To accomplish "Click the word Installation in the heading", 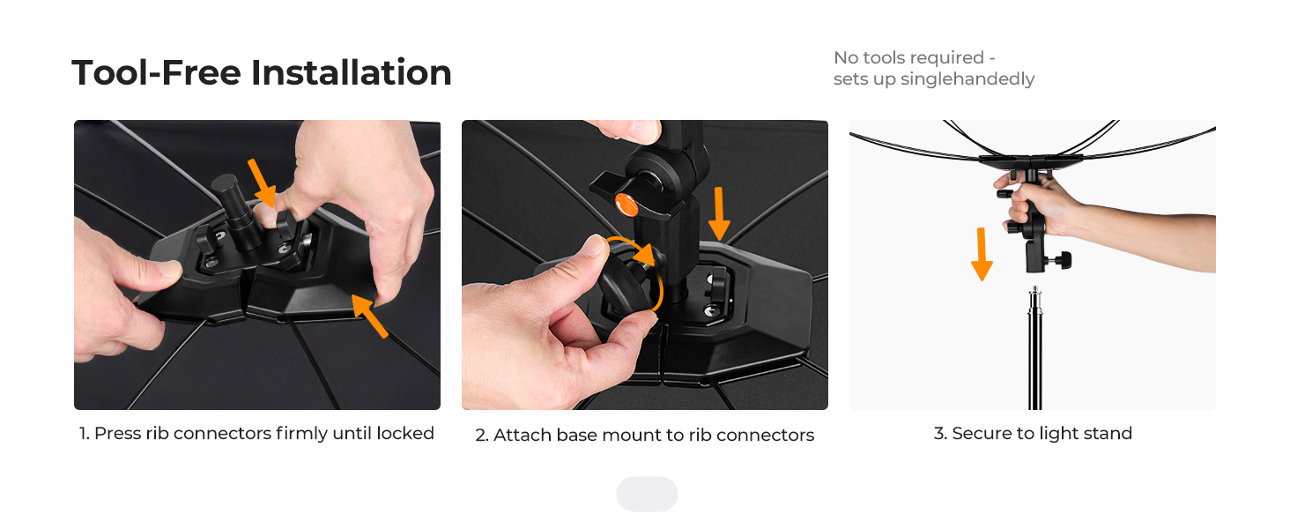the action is pyautogui.click(x=352, y=72).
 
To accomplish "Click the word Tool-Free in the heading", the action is pyautogui.click(x=156, y=72).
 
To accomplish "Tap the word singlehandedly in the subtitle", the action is pyautogui.click(x=967, y=79).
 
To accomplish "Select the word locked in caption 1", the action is pyautogui.click(x=404, y=433).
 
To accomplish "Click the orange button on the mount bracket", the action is pyautogui.click(x=626, y=204).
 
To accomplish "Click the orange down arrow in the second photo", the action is pyautogui.click(x=719, y=213).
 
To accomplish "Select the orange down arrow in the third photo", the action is pyautogui.click(x=982, y=254).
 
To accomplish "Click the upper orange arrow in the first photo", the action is pyautogui.click(x=263, y=183).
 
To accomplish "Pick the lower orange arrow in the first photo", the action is pyautogui.click(x=369, y=315).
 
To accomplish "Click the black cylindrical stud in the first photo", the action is pyautogui.click(x=236, y=211).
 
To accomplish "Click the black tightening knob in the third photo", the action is pyautogui.click(x=1063, y=260).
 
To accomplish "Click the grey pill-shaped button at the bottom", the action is pyautogui.click(x=647, y=494).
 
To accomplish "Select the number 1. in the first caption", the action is pyautogui.click(x=84, y=433).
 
